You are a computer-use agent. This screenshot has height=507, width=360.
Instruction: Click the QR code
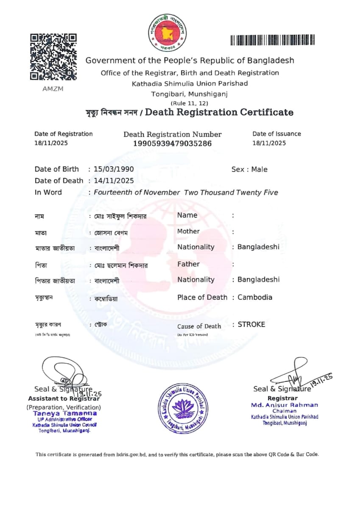(53, 57)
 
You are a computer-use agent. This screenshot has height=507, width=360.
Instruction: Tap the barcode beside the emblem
(273, 40)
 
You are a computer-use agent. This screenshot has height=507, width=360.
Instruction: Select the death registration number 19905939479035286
(172, 144)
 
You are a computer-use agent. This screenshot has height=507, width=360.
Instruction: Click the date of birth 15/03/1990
(114, 169)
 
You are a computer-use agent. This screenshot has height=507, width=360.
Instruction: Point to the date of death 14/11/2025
(114, 181)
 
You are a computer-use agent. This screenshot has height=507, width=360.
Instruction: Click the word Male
(259, 170)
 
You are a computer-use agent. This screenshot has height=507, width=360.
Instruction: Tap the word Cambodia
(255, 297)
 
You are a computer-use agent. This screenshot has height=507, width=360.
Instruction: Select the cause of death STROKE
(251, 325)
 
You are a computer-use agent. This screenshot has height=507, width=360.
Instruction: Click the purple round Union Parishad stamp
(183, 407)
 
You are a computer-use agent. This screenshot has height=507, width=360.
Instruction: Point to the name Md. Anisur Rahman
(284, 405)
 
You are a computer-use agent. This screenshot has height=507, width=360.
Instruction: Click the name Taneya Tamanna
(65, 413)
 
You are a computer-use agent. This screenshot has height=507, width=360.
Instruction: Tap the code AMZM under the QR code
(53, 89)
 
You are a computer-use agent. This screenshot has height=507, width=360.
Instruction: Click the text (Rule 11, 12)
(190, 103)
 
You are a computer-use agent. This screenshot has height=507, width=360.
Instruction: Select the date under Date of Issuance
(269, 143)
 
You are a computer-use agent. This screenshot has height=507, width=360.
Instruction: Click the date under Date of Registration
(51, 143)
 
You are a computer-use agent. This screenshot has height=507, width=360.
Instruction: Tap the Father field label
(188, 264)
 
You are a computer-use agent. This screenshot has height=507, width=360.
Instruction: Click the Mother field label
(188, 231)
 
